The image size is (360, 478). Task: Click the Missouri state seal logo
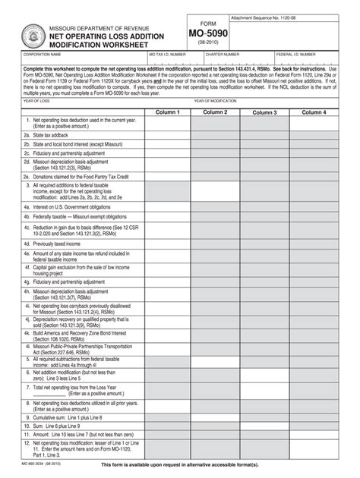click(x=33, y=33)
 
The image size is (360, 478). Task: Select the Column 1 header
click(x=167, y=112)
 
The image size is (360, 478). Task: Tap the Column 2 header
click(x=215, y=112)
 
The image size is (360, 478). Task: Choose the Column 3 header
click(x=264, y=112)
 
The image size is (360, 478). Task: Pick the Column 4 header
click(x=313, y=112)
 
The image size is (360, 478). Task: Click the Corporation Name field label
click(x=41, y=55)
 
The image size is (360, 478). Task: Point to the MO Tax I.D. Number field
click(x=166, y=55)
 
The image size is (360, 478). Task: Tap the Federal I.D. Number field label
click(x=293, y=55)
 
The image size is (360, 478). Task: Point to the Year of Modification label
click(x=215, y=100)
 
